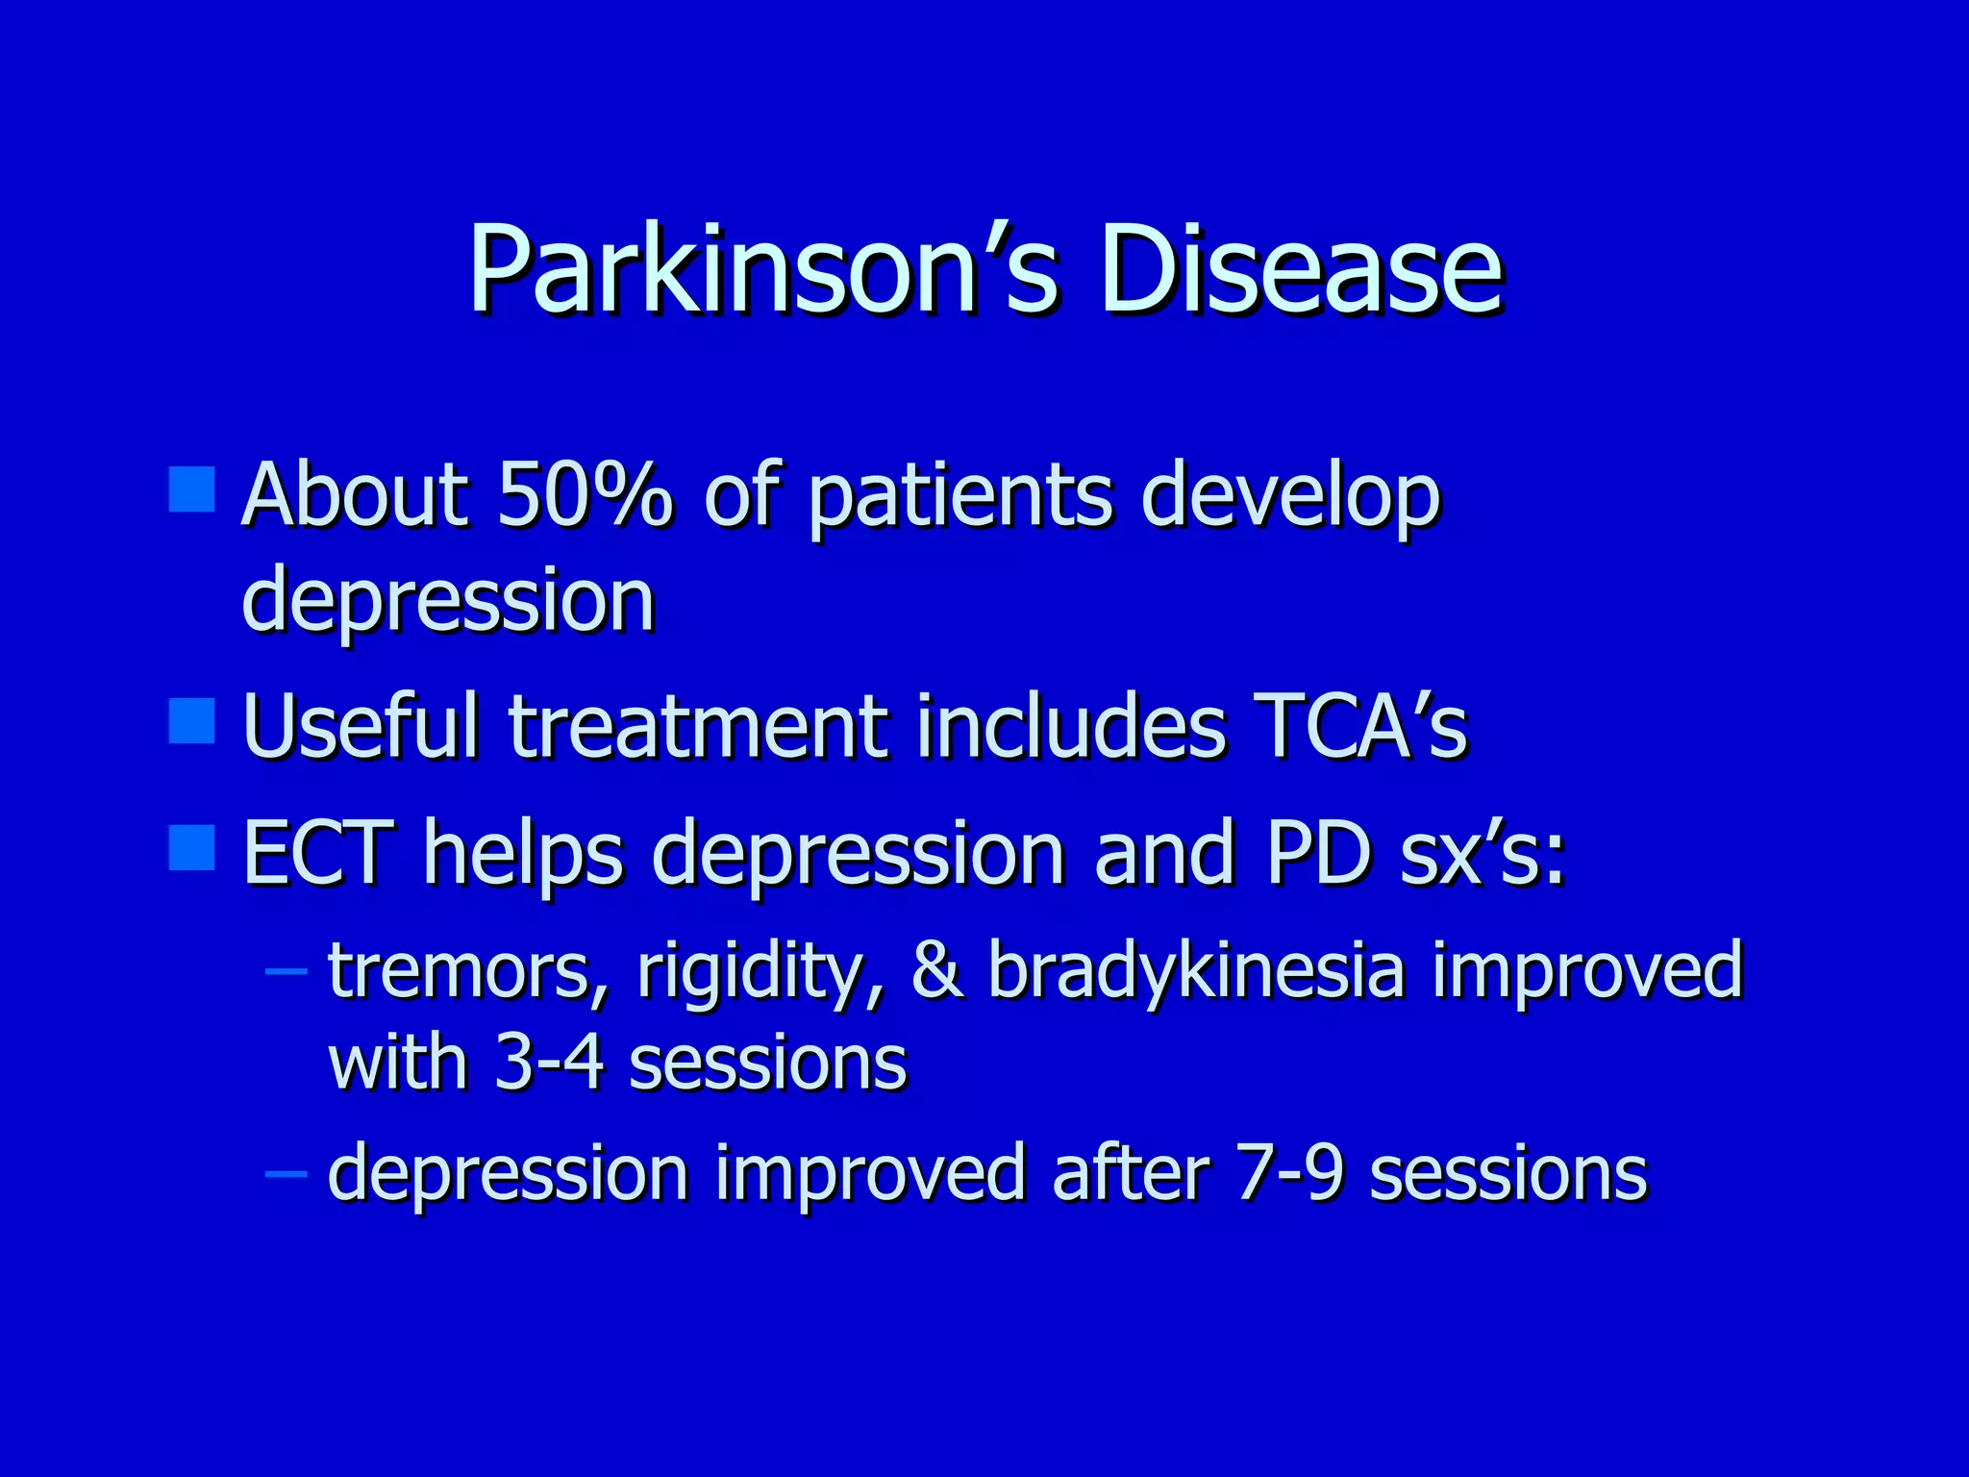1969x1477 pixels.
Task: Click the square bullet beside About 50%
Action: point(191,489)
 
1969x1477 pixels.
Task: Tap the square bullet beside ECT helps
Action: point(191,847)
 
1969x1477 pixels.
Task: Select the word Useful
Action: point(361,726)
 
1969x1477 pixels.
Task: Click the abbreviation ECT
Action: point(318,852)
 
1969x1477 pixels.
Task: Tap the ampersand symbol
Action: point(937,971)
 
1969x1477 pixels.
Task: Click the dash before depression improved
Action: point(286,1173)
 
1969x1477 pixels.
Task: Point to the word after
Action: point(1131,1173)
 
